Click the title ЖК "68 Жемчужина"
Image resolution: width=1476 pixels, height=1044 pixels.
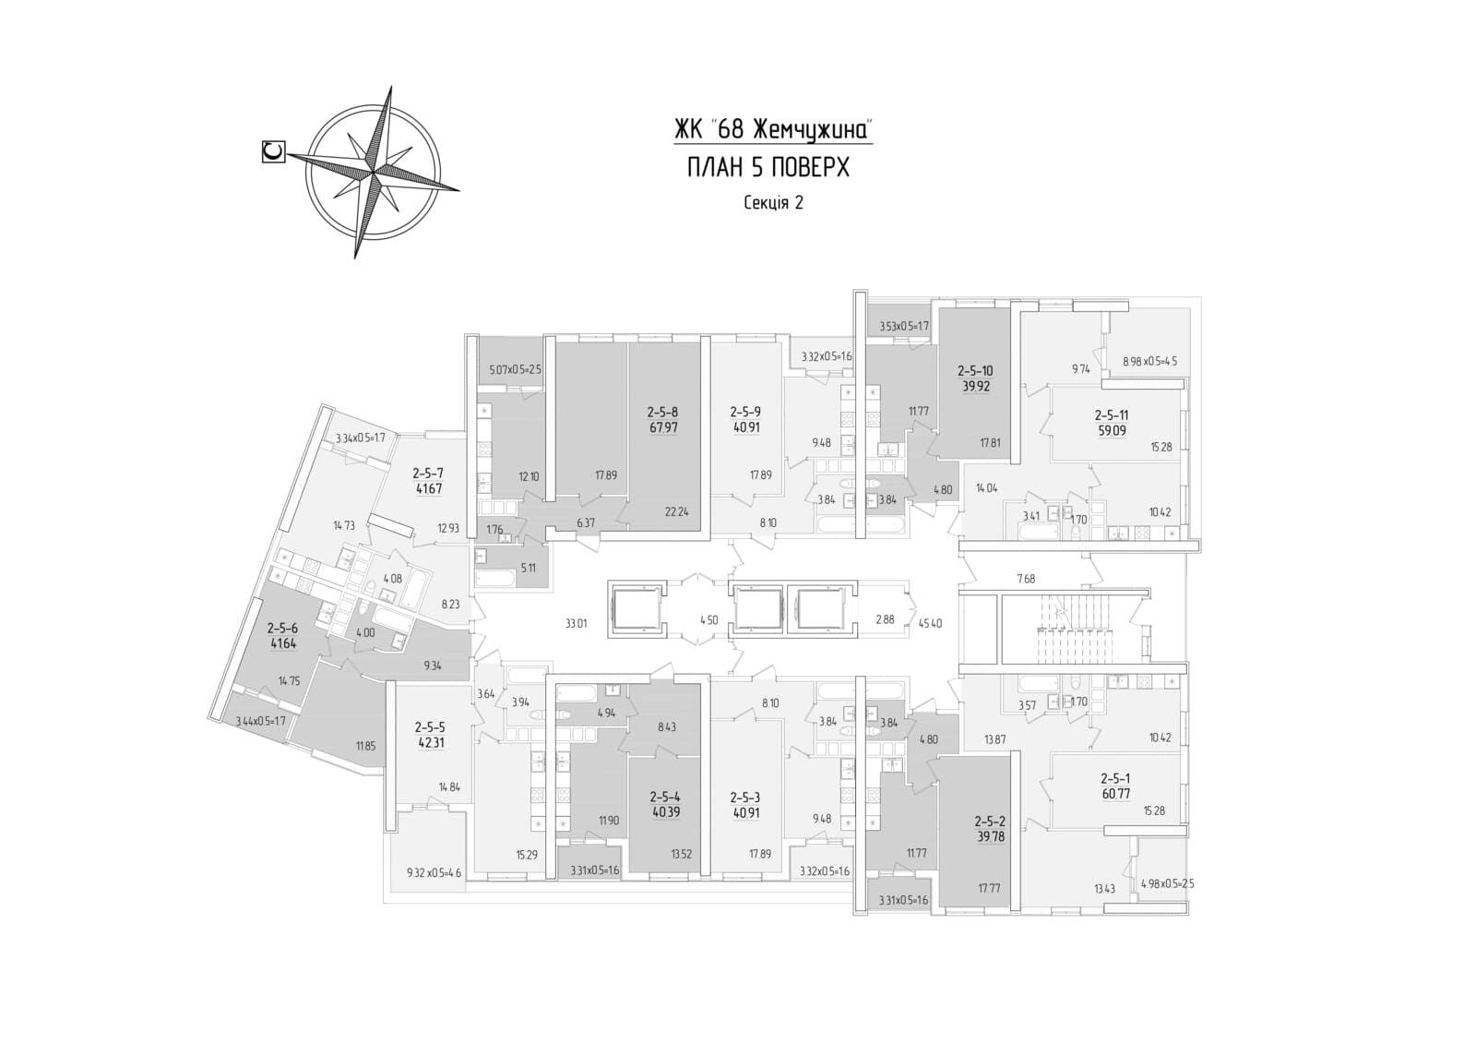773,130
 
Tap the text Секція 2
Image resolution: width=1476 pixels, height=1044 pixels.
773,203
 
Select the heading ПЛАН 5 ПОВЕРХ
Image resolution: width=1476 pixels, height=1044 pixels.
768,167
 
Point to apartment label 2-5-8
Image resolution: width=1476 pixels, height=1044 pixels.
662,412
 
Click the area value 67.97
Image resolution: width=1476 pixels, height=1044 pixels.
662,427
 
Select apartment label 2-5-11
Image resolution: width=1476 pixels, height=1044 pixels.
1112,415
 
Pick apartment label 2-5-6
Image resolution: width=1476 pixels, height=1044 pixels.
282,628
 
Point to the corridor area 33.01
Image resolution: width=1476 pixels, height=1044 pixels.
577,622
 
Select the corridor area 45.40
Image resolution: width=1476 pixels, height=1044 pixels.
930,622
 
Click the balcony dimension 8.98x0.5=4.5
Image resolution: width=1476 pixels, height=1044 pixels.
1149,362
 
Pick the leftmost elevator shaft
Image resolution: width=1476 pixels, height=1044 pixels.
636,609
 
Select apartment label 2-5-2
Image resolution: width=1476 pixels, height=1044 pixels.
990,819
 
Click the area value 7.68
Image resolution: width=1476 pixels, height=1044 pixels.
1026,579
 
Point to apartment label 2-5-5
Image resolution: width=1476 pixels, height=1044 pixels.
430,726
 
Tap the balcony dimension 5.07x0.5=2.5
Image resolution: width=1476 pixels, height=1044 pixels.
515,370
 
